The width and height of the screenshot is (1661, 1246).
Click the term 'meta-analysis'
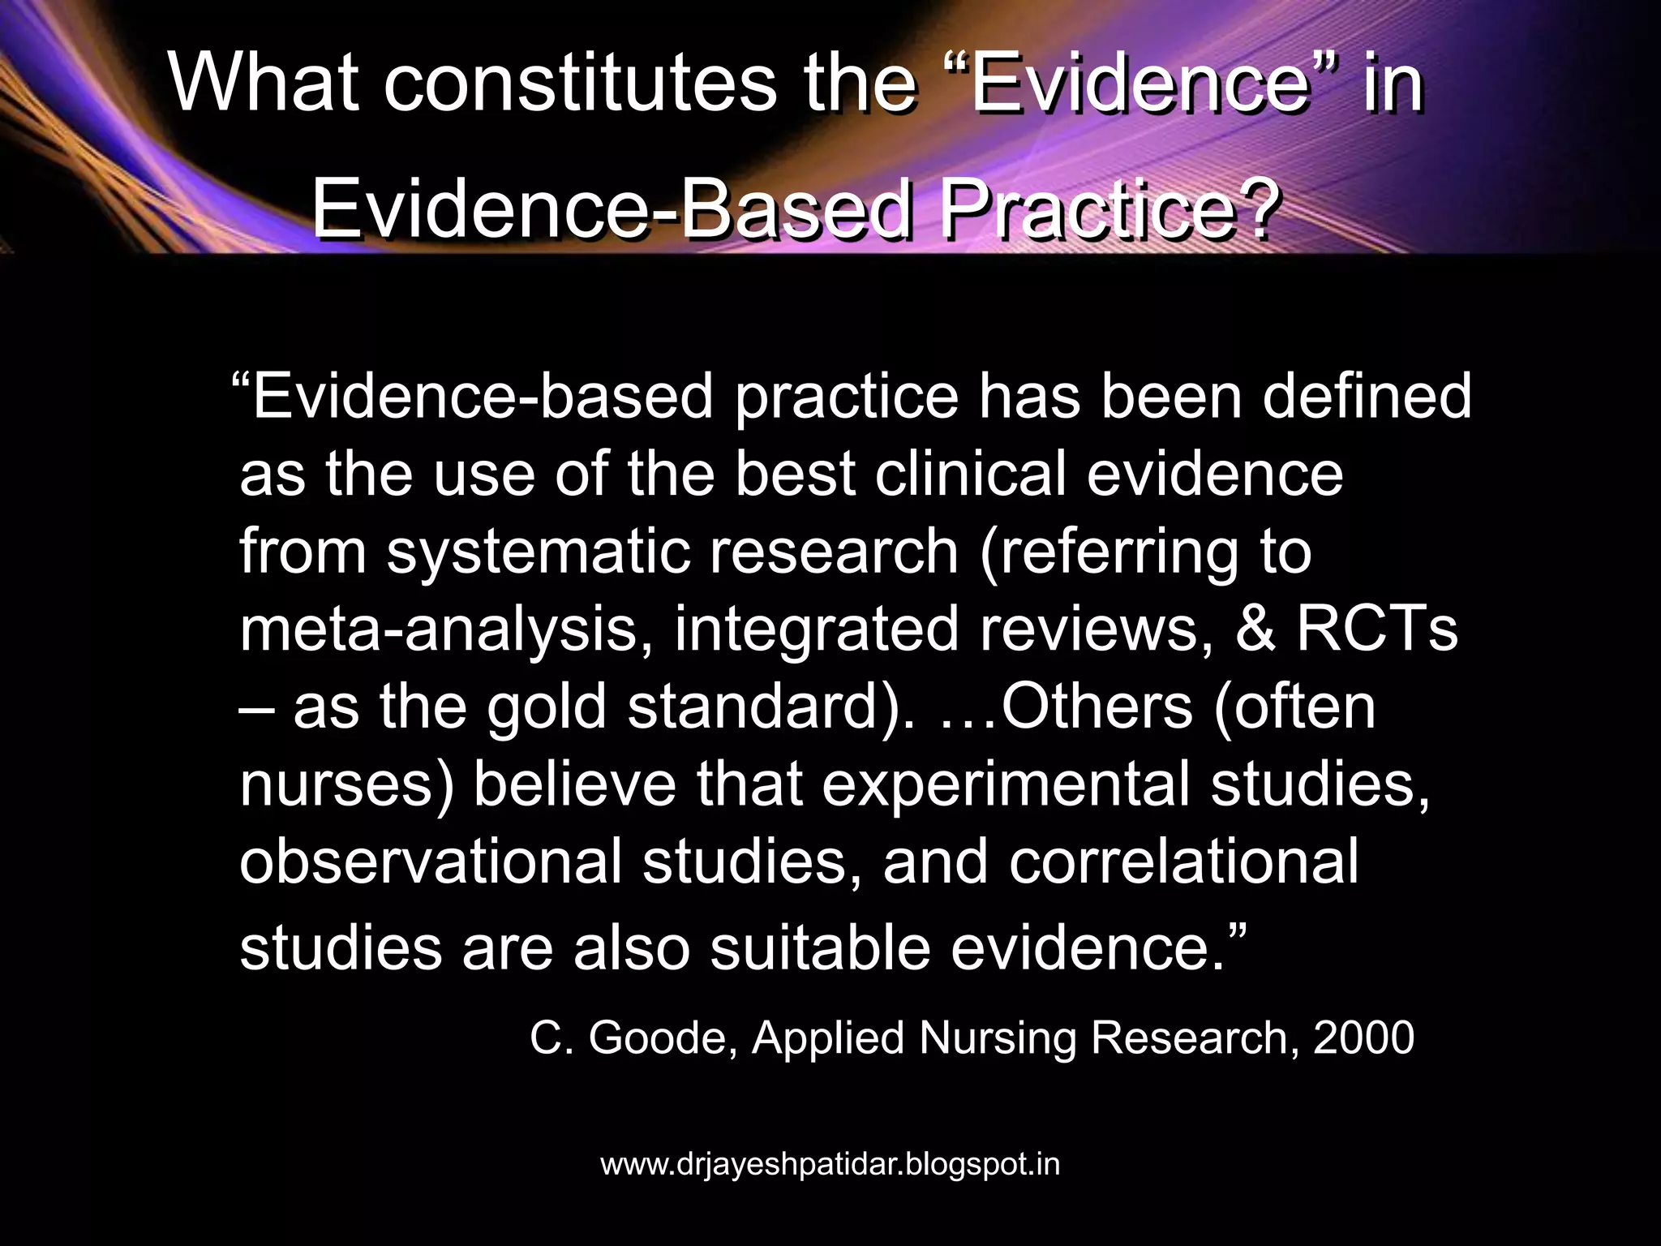[x=440, y=629]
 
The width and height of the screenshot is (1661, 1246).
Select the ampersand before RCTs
[x=1255, y=629]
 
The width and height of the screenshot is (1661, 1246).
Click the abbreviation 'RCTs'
[x=1377, y=629]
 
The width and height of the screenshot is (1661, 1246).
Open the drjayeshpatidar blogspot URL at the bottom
[x=830, y=1164]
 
